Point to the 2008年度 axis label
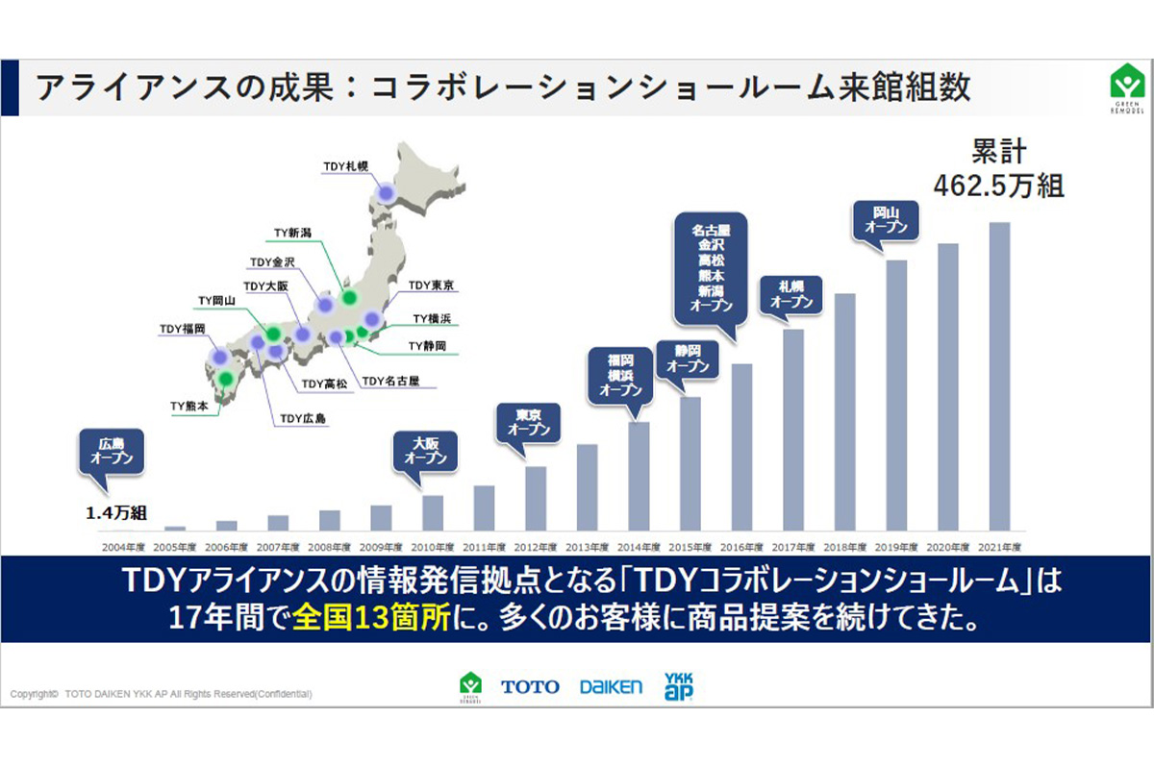pos(330,546)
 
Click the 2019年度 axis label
pos(896,546)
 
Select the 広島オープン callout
pos(112,452)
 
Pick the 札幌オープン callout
pos(791,294)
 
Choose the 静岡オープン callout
pos(688,359)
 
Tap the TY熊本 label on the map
pos(189,407)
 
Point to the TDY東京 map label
pos(431,285)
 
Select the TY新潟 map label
pos(292,233)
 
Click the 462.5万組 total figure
pos(998,185)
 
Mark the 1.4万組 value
pos(115,514)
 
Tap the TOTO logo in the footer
pos(530,686)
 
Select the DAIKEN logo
pos(611,686)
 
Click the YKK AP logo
pos(679,685)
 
